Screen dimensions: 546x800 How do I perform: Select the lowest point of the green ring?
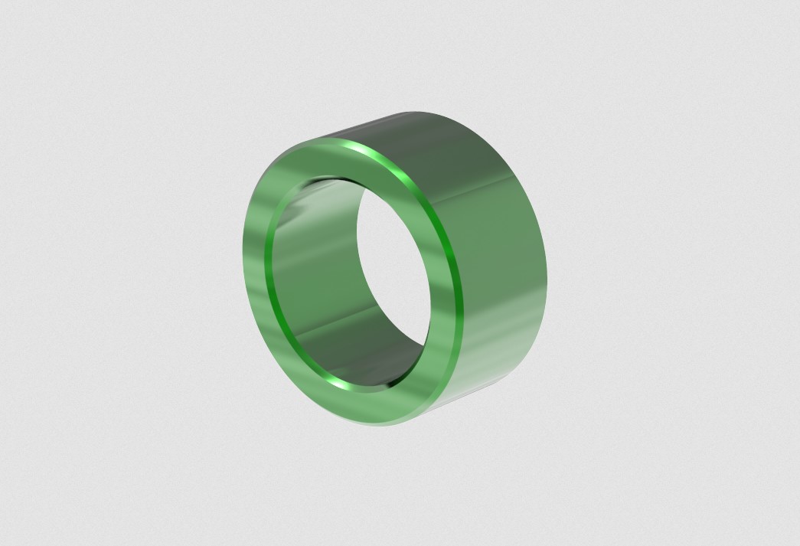(383, 426)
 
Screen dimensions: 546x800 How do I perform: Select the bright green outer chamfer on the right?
(452, 245)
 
